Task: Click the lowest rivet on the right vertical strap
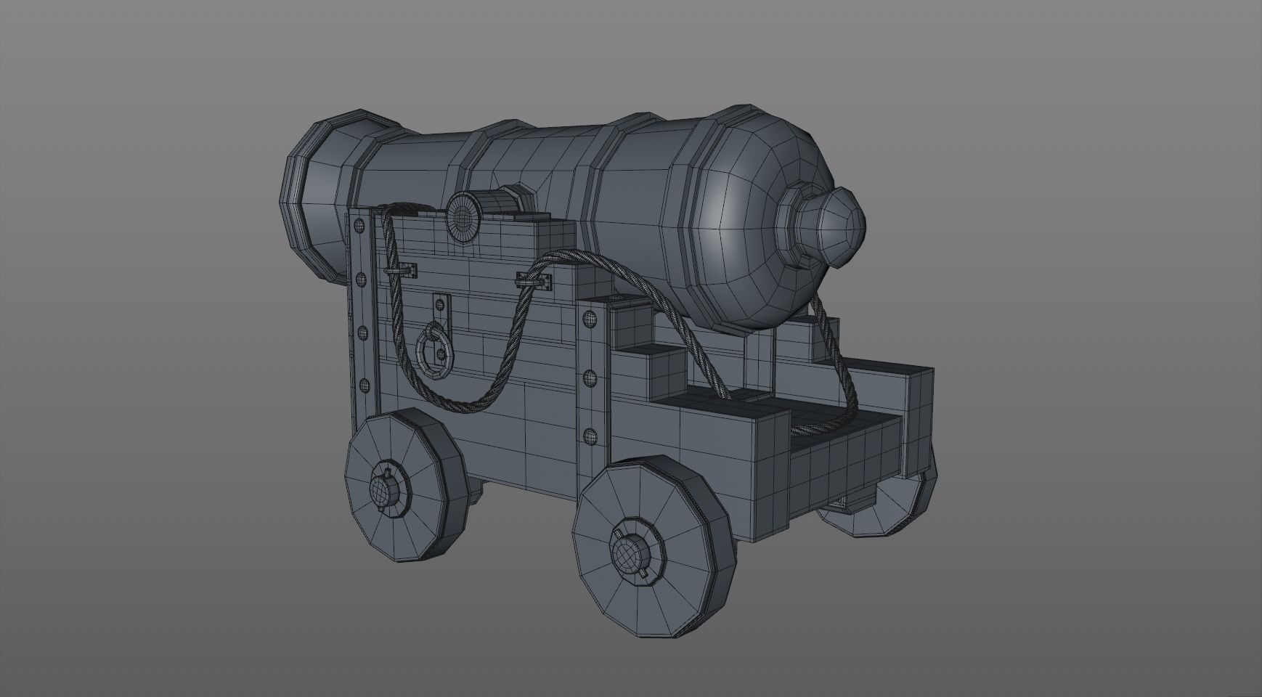(x=590, y=436)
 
